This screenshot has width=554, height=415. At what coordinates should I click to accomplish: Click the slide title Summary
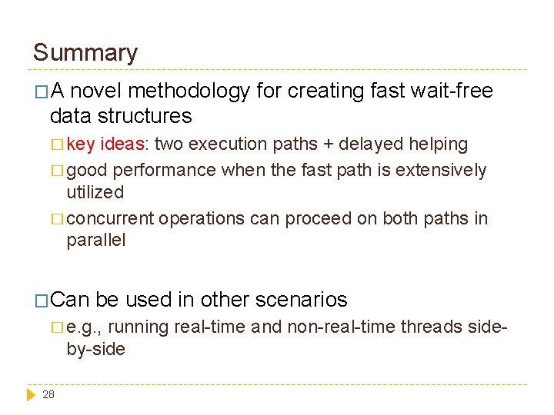(85, 53)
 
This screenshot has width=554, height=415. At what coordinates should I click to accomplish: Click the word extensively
(442, 170)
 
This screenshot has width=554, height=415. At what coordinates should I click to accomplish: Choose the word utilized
(95, 192)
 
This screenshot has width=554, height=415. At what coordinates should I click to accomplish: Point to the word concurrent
(111, 218)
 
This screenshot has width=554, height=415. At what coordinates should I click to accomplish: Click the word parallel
(96, 240)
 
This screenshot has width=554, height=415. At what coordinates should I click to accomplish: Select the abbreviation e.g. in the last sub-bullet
(84, 327)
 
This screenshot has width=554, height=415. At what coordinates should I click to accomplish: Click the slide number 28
(48, 394)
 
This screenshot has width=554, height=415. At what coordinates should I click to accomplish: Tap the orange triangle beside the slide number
(31, 394)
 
